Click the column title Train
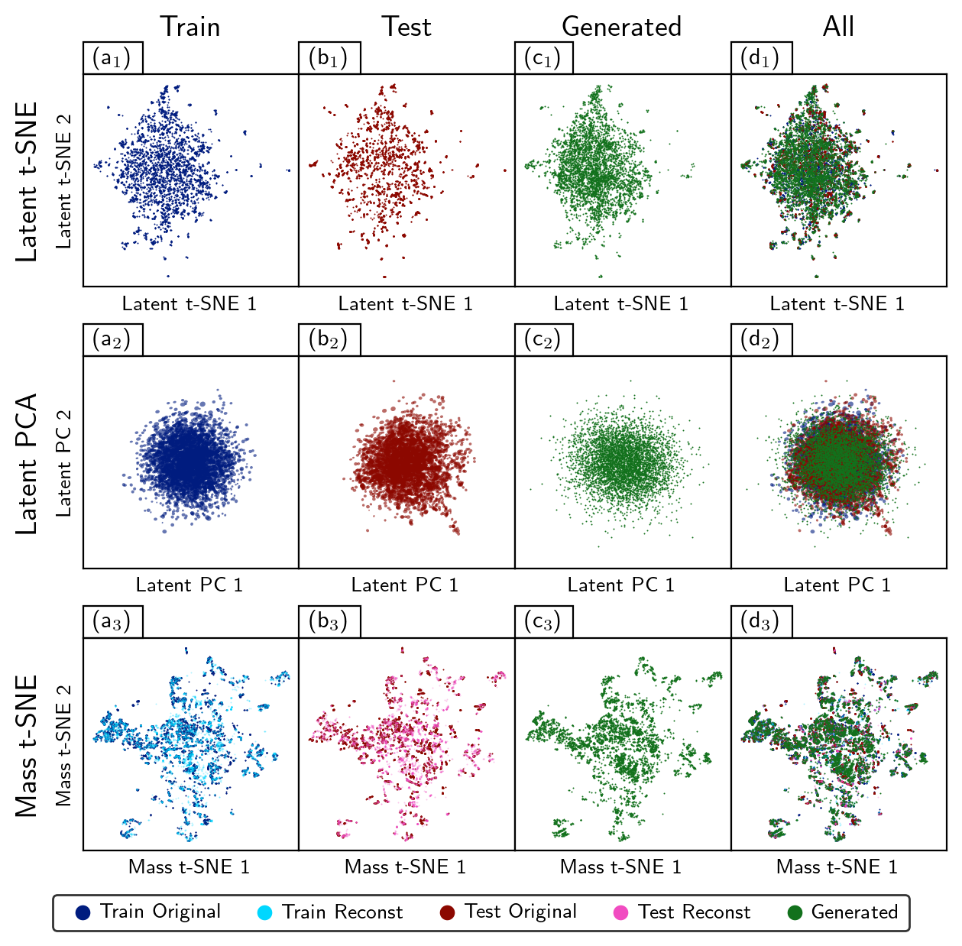(189, 27)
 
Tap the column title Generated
(621, 27)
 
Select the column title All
(838, 27)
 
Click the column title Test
(407, 27)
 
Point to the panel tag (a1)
(112, 58)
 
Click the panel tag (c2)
(543, 340)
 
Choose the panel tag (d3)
(760, 622)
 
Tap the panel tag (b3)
(329, 622)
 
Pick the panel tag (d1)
(760, 58)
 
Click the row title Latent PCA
(27, 463)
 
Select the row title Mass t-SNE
(27, 745)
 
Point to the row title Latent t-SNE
(27, 181)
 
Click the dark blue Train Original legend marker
(83, 912)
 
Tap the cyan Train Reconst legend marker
(264, 912)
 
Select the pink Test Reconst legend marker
(620, 912)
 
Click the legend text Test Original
(520, 912)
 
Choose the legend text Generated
(854, 912)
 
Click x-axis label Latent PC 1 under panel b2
(405, 585)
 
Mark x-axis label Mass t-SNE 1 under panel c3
(620, 867)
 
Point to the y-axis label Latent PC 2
(64, 463)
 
